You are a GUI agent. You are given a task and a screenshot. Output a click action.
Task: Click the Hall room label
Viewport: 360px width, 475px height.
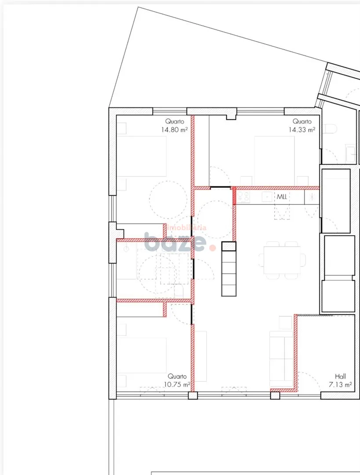tap(340, 376)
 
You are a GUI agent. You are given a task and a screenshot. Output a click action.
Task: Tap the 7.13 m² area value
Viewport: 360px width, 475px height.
tap(340, 385)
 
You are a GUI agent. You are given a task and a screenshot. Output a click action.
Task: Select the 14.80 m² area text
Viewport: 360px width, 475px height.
tap(174, 130)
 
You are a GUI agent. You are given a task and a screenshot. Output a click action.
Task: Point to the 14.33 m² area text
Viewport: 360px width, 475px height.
tap(302, 130)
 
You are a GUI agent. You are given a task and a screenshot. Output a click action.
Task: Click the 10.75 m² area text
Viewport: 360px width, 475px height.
tap(177, 384)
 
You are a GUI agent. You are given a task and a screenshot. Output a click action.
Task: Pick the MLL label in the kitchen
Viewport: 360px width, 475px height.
tap(282, 197)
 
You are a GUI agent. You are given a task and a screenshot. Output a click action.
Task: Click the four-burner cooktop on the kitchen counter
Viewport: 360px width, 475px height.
tap(244, 197)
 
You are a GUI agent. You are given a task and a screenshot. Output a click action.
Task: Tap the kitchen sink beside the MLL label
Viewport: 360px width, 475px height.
tap(266, 197)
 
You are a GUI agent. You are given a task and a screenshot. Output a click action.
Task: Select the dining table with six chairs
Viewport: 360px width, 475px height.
tap(282, 260)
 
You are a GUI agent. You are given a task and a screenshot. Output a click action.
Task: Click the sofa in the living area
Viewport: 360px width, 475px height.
tap(281, 360)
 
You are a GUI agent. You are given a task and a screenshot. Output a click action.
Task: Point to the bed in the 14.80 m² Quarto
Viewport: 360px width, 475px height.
tap(142, 156)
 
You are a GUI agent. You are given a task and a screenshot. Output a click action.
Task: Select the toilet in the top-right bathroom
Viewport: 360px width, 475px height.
tap(330, 129)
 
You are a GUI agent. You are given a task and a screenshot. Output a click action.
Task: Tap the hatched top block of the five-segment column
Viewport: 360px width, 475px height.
tap(229, 246)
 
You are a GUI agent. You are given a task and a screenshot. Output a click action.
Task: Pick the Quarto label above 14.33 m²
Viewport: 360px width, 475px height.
tap(302, 121)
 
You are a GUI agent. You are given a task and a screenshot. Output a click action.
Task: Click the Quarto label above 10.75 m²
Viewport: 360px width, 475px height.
tap(177, 376)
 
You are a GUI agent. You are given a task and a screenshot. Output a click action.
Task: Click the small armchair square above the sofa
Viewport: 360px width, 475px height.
tap(285, 322)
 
